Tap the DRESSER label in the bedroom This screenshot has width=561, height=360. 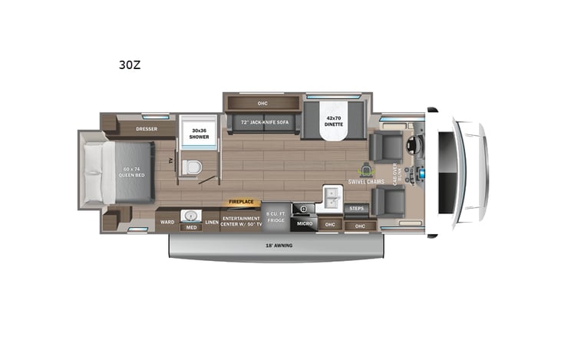(x=147, y=129)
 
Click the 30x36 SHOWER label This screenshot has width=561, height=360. (x=200, y=134)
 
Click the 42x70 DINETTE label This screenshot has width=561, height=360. (x=332, y=121)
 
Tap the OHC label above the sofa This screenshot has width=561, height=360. (x=262, y=104)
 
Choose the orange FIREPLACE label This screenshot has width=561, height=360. (x=241, y=202)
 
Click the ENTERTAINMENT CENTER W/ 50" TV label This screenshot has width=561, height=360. (x=241, y=220)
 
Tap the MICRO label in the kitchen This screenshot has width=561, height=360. (x=304, y=224)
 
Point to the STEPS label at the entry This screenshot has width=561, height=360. (x=357, y=208)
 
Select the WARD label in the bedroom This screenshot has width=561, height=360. (x=167, y=223)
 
